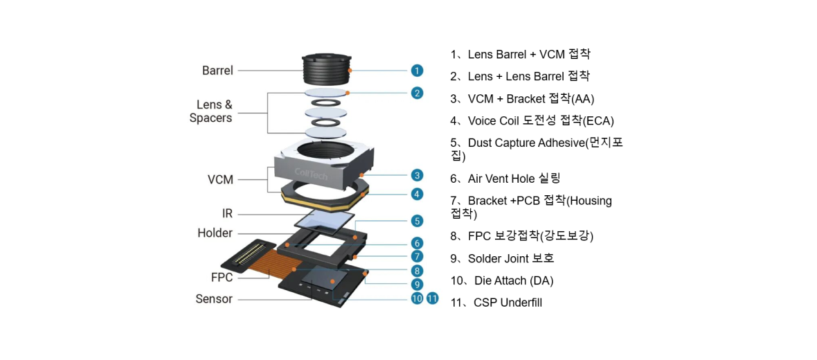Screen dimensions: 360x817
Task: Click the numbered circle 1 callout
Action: click(x=417, y=70)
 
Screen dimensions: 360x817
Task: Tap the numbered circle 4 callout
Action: click(x=417, y=195)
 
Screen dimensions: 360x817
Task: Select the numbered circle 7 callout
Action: click(x=417, y=256)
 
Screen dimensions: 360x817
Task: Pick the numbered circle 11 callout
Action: click(x=433, y=298)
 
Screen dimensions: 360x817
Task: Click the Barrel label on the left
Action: click(x=217, y=71)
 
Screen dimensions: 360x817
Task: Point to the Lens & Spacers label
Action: click(x=211, y=111)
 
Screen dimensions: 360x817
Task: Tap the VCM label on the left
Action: click(x=220, y=180)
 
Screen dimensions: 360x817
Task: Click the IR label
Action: click(x=227, y=214)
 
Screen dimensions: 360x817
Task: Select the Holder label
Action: click(x=215, y=233)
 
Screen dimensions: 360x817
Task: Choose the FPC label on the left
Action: click(x=222, y=278)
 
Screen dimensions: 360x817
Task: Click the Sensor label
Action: click(x=214, y=299)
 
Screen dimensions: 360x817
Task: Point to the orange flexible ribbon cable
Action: click(x=277, y=262)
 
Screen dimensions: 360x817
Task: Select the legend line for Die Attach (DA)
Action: click(x=502, y=280)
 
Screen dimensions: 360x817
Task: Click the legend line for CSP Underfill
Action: click(x=496, y=303)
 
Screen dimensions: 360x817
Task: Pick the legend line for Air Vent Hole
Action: click(x=505, y=179)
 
